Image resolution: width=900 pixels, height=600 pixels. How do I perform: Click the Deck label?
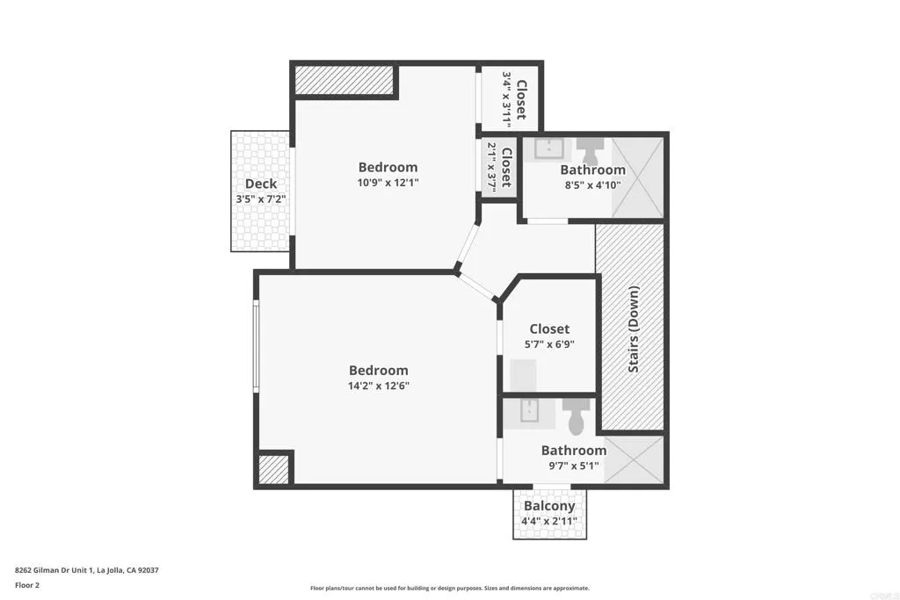261,184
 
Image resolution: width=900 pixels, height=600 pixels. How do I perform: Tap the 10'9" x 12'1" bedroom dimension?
388,184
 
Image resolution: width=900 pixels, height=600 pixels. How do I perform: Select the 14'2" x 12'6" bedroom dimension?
379,386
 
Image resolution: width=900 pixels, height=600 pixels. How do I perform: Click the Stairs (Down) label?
634,329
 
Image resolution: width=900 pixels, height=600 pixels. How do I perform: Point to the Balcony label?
549,506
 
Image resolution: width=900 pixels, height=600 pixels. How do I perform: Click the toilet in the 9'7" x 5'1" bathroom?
577,416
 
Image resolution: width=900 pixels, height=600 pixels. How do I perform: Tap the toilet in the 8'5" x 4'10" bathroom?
587,148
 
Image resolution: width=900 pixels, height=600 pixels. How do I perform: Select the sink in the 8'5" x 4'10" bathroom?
550,148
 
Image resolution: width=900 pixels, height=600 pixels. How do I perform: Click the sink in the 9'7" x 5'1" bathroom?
530,411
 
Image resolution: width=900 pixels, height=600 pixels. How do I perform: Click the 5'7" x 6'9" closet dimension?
549,345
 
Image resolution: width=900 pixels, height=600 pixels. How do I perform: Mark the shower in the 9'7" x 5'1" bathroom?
633,459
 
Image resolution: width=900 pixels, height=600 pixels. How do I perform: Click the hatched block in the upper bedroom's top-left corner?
345,80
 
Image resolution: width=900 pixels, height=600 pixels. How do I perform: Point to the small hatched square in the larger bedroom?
273,467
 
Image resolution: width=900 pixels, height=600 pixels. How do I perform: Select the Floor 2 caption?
26,585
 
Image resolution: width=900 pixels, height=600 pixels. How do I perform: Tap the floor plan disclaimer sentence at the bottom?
449,589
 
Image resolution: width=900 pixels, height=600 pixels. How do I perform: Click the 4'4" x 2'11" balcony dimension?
549,521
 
